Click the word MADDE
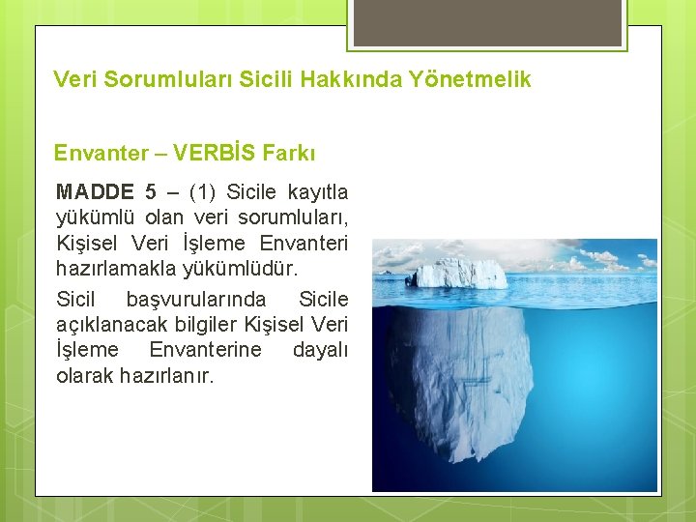click(x=97, y=191)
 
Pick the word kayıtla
click(x=317, y=191)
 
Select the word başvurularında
click(x=195, y=299)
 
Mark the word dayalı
click(x=320, y=349)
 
